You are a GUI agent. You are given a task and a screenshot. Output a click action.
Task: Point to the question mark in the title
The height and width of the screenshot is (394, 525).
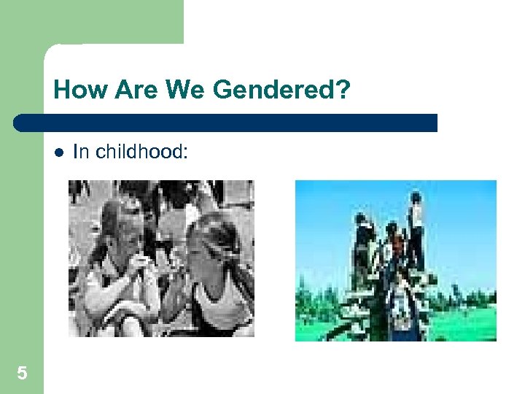343,90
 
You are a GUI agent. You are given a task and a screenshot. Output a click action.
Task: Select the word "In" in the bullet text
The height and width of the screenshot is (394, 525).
80,152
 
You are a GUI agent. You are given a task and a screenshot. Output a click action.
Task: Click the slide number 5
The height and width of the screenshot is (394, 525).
22,374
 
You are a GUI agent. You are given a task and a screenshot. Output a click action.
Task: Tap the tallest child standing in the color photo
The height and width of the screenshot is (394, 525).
415,219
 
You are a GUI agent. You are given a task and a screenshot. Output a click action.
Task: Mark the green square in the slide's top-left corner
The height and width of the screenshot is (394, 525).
91,22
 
